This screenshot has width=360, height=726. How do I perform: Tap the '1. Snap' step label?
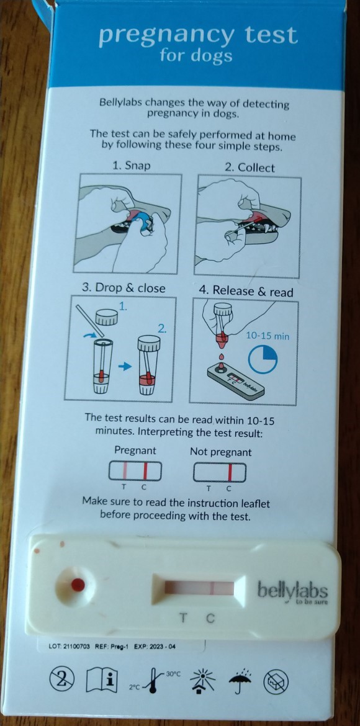132,166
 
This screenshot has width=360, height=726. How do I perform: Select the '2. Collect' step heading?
250,168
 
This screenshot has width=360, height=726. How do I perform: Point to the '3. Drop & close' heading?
124,288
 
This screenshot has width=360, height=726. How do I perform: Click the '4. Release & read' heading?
246,292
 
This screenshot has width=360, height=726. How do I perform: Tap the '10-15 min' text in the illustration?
268,336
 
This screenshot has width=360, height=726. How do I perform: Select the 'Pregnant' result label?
135,450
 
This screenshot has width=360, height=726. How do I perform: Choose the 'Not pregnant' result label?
221,452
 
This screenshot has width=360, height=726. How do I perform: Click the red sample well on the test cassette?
78,585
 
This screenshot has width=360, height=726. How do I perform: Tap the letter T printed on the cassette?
184,617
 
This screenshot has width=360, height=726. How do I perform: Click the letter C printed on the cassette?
210,617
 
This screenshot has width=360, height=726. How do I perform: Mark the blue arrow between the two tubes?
125,366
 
